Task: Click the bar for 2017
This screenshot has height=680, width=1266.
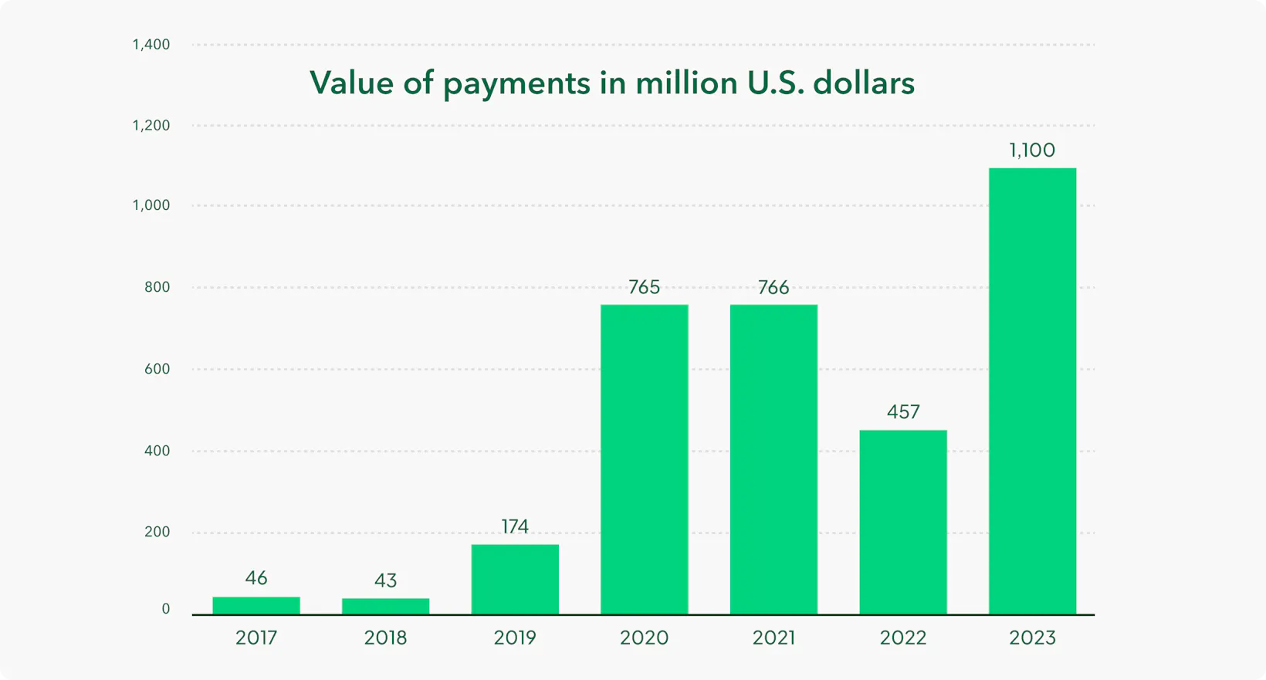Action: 256,606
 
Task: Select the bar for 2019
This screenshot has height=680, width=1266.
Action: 515,579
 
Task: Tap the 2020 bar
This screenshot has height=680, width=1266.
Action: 645,459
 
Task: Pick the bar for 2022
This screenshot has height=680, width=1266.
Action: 903,522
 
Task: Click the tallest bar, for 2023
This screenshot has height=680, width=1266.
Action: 1032,391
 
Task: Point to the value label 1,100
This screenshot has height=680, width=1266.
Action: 1032,150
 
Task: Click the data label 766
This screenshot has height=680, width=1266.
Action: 773,287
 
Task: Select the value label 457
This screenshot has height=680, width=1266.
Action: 903,411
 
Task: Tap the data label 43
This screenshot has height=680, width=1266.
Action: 385,580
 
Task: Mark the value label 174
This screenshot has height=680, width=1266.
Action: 515,526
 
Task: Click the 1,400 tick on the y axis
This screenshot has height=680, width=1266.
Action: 151,45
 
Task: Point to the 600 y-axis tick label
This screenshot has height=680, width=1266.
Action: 157,369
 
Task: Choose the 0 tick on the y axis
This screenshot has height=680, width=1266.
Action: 166,609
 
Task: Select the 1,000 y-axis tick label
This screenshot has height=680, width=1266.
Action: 151,205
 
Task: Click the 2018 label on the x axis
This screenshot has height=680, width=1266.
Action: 385,638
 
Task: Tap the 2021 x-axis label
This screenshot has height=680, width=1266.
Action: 773,638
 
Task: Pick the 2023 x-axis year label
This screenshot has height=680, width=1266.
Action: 1032,638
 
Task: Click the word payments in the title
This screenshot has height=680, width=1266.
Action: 516,84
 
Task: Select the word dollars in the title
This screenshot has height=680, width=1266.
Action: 864,83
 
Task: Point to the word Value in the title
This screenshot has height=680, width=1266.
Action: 351,83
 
